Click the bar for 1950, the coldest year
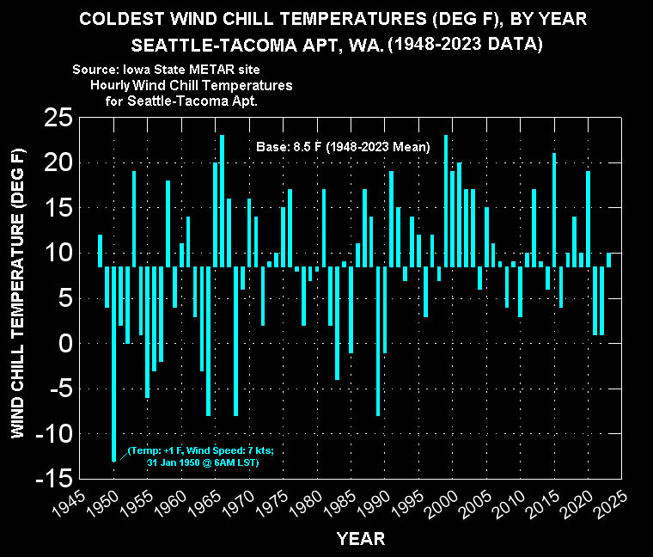113,364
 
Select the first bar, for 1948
100,251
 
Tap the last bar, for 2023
609,260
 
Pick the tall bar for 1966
222,201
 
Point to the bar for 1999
446,201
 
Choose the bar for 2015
554,210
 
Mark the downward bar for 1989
378,341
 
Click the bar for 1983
338,323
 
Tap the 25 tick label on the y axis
58,118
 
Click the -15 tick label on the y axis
54,479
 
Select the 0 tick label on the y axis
65,344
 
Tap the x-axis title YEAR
361,539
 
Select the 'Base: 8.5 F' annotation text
289,147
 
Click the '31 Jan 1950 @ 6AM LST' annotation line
203,462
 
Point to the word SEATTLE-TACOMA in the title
214,45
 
